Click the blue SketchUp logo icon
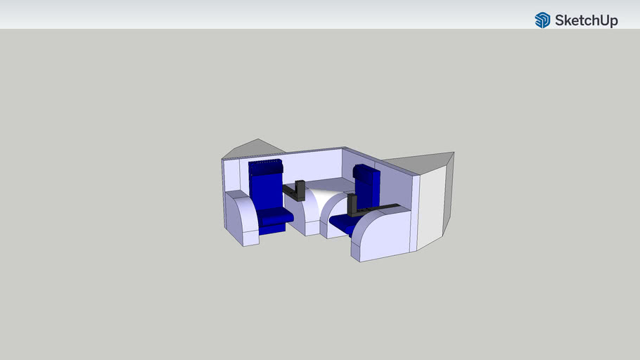tap(542, 20)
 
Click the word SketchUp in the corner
tap(586, 20)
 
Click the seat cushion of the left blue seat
tap(274, 214)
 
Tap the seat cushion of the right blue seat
tap(340, 223)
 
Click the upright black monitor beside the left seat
tap(300, 191)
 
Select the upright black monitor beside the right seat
tap(352, 205)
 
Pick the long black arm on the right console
tap(380, 209)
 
